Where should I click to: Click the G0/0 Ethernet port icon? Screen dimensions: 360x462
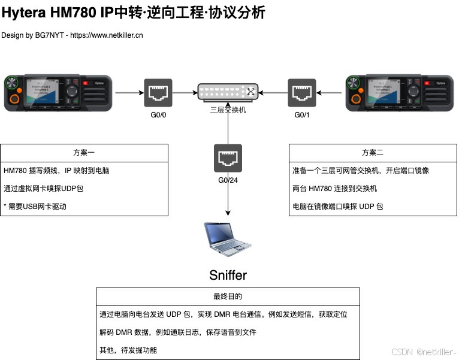(x=158, y=93)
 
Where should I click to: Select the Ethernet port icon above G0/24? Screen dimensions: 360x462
(x=228, y=158)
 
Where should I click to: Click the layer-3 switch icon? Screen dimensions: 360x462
(x=228, y=92)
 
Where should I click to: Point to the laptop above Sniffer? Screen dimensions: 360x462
(x=227, y=239)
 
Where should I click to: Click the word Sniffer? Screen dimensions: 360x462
(x=228, y=275)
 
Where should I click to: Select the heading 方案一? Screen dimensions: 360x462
(x=84, y=152)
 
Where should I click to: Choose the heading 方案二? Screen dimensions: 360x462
(x=373, y=152)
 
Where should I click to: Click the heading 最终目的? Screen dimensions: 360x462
(x=228, y=296)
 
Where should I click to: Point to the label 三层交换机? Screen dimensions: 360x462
(x=228, y=110)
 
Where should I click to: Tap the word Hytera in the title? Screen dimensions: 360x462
(x=27, y=13)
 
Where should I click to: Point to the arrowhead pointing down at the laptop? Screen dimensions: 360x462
(x=228, y=213)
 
